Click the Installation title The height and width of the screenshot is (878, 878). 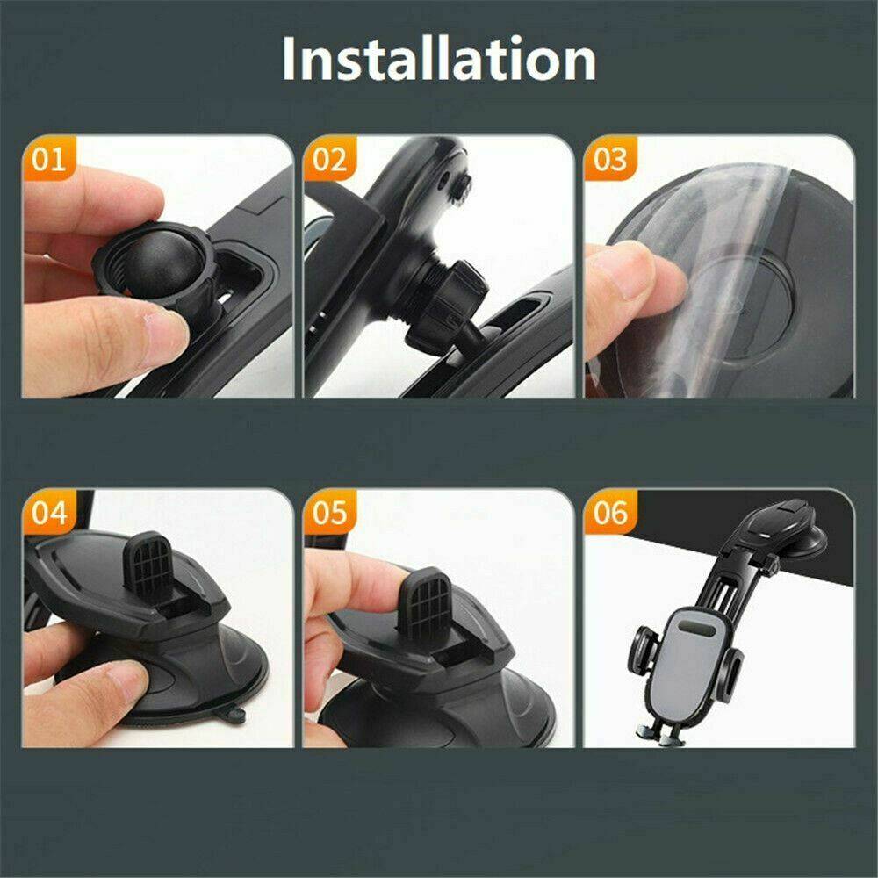pyautogui.click(x=439, y=60)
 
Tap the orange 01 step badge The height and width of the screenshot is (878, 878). pyautogui.click(x=49, y=160)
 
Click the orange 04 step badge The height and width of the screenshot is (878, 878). pyautogui.click(x=49, y=513)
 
